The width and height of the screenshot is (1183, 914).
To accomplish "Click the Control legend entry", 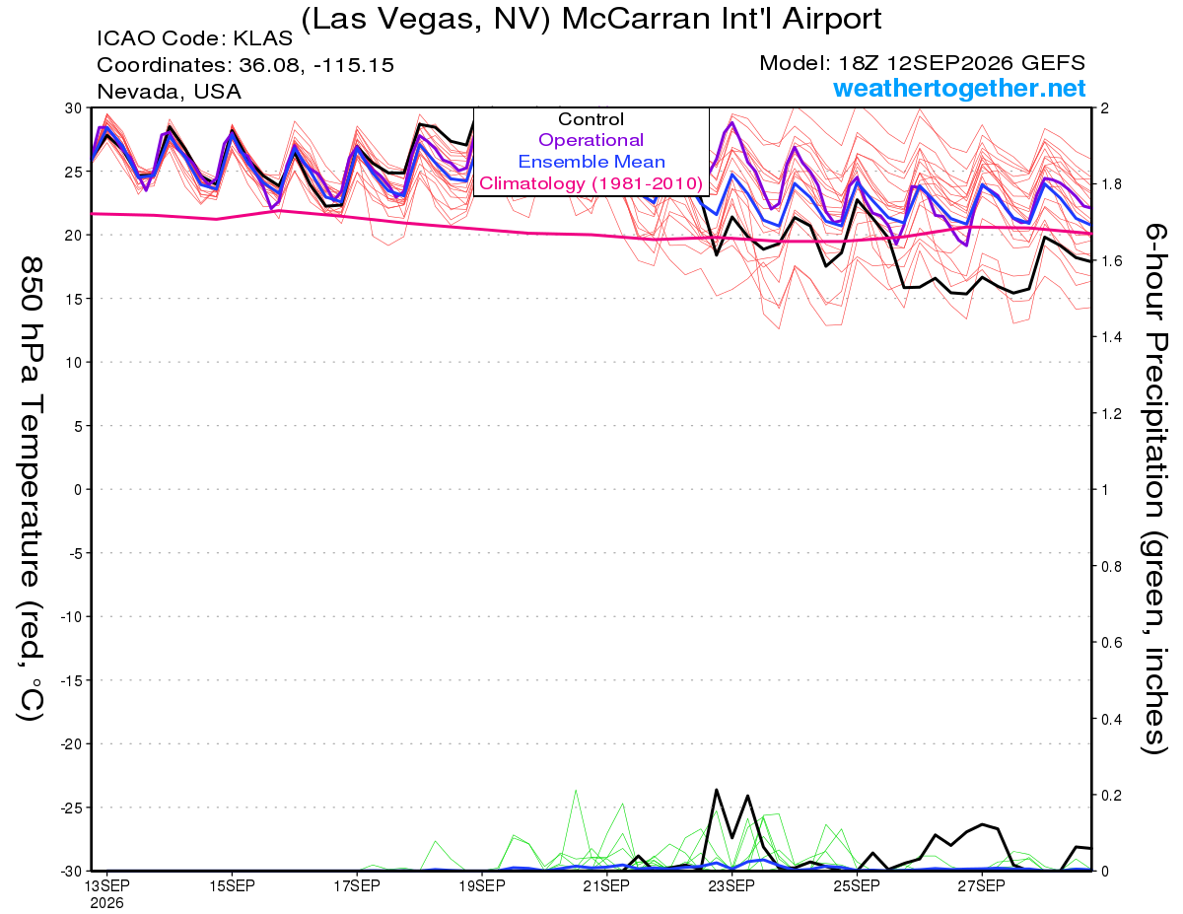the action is (x=591, y=119).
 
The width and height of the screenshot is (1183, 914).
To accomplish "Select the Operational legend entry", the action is (x=591, y=140).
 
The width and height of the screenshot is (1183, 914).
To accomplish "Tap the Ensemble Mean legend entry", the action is (x=591, y=162).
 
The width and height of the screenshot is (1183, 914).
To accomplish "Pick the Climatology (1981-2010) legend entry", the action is (x=591, y=183).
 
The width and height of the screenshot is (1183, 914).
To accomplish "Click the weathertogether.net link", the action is (x=959, y=88).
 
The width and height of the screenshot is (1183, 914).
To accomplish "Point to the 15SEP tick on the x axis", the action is (x=232, y=886).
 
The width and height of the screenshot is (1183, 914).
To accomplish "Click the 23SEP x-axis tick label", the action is (x=731, y=886).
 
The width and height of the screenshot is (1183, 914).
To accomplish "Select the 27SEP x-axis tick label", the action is (x=982, y=886).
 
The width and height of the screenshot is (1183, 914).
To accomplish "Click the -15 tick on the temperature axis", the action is (x=71, y=680).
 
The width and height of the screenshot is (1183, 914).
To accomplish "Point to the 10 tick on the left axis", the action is (x=74, y=363).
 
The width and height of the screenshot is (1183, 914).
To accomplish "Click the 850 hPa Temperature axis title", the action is (x=31, y=489).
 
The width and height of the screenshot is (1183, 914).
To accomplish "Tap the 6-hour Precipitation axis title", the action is (x=1154, y=488).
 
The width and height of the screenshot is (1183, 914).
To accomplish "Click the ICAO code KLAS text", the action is (x=194, y=38).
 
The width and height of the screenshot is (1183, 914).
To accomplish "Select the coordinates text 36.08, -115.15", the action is (x=315, y=65).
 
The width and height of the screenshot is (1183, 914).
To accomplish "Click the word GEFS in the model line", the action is (x=1053, y=63).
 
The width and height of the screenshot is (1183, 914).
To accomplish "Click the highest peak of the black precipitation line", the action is (x=717, y=790).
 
